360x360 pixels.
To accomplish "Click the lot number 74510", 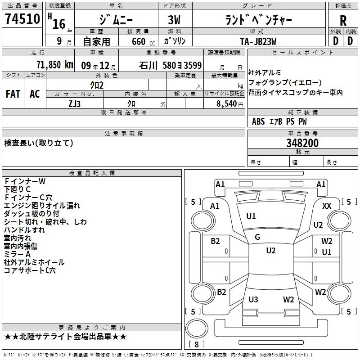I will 22,20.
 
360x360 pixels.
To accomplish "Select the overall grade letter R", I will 343,21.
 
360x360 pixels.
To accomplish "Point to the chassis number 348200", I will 302,144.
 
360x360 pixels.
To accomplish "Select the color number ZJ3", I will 75,103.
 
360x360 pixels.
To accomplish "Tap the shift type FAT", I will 13,94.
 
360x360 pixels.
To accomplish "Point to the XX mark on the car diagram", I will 327,206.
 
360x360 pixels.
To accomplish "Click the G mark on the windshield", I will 257,237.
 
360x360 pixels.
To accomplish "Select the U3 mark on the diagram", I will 253,300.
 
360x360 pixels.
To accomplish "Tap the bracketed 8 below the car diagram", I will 196,345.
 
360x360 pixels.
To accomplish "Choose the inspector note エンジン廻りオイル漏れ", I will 42,206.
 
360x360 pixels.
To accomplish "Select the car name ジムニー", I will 115,20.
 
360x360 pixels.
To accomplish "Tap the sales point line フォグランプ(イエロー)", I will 285,82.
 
